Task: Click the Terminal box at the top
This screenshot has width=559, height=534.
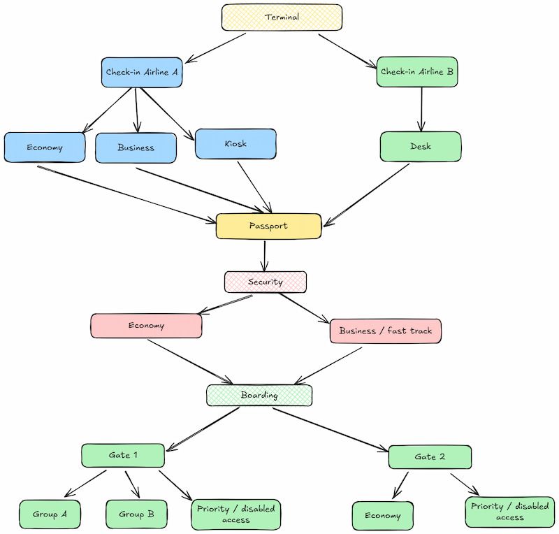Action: pos(282,17)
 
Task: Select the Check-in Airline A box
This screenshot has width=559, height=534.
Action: pos(142,72)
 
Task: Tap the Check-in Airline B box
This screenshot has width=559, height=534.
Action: pos(417,72)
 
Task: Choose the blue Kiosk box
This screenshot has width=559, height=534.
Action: pos(235,144)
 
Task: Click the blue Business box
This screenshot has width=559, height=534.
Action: pos(136,147)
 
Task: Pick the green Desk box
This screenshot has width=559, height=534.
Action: pos(421,147)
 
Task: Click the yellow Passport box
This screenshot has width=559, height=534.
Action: pos(268,226)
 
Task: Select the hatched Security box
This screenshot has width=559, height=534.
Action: pos(266,282)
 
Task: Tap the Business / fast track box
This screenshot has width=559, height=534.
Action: pos(385,331)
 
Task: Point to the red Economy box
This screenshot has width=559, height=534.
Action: pos(146,326)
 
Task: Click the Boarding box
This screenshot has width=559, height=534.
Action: pos(259,395)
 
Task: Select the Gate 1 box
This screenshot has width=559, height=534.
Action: pos(123,455)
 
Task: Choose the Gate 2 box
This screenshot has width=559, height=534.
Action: pos(430,456)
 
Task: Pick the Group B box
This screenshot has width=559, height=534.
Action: pos(136,514)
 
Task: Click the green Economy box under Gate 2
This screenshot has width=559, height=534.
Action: pos(382,516)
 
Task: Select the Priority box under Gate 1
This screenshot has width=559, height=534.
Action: pos(235,514)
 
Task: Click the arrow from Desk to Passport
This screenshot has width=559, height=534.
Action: pos(365,195)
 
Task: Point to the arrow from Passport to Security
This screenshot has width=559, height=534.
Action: pos(265,255)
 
